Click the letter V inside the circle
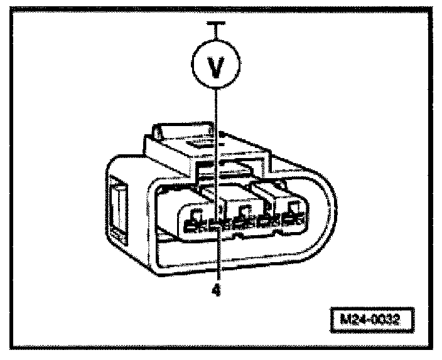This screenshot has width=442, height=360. click(x=216, y=66)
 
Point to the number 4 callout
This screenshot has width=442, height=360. click(x=216, y=291)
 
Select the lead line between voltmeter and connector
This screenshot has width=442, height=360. click(x=216, y=144)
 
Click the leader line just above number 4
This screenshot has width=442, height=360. click(x=216, y=263)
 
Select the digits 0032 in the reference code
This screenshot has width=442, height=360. click(x=387, y=318)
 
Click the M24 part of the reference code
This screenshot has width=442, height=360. click(x=357, y=318)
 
